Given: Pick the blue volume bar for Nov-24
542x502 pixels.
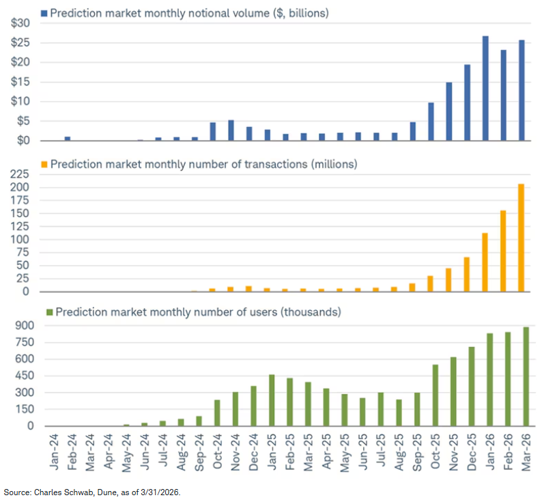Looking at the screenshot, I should (231, 130).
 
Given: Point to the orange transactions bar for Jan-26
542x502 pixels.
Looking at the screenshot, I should (485, 262).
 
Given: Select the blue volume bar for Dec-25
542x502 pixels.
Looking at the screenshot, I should (467, 102).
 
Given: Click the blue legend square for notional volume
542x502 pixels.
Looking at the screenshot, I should (44, 13).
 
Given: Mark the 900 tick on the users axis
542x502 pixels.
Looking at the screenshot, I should (19, 326).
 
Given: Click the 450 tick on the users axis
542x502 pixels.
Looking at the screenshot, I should (19, 376).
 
